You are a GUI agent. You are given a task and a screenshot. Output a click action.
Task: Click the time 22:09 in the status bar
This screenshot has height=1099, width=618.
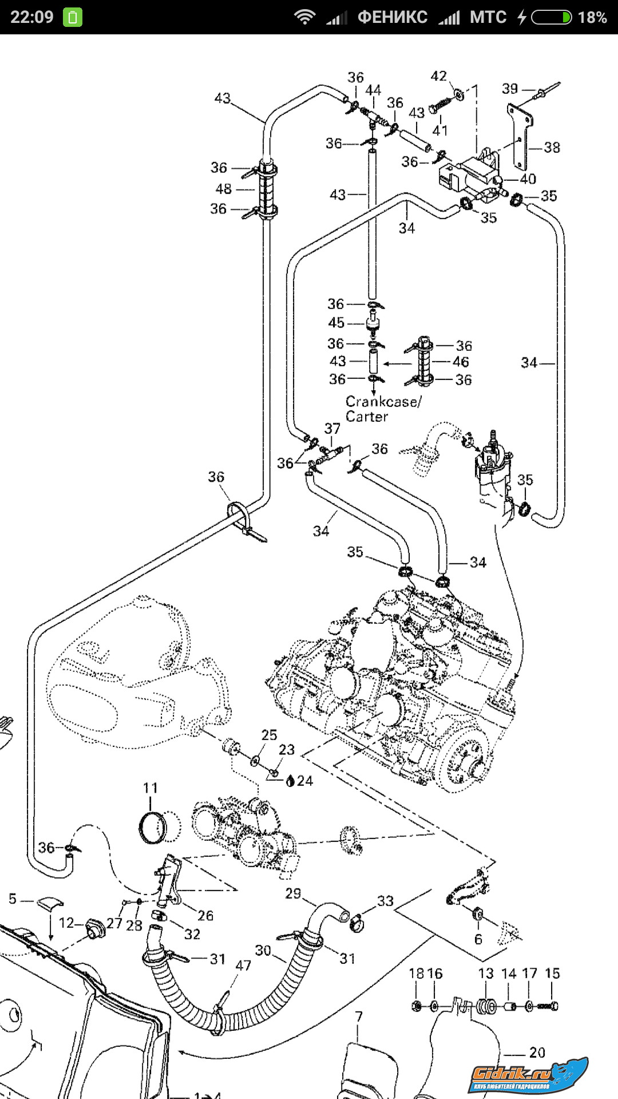pyautogui.click(x=32, y=17)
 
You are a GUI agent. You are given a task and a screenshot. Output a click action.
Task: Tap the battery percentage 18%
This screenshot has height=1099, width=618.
pyautogui.click(x=592, y=17)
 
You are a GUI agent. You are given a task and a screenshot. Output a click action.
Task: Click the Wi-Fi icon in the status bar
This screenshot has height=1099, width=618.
pyautogui.click(x=304, y=17)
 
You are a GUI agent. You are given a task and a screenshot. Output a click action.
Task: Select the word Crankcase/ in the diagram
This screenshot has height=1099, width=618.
pyautogui.click(x=383, y=401)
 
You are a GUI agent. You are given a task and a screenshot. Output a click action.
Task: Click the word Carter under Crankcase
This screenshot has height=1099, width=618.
pyautogui.click(x=367, y=417)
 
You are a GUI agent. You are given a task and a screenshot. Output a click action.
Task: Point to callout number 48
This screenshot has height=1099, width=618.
pyautogui.click(x=224, y=188)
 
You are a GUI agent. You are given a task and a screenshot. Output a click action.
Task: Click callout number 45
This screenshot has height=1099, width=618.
pyautogui.click(x=336, y=323)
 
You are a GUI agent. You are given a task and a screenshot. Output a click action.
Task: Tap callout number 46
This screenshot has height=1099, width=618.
pyautogui.click(x=461, y=362)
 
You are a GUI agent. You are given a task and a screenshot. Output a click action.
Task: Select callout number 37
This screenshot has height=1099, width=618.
pyautogui.click(x=332, y=429)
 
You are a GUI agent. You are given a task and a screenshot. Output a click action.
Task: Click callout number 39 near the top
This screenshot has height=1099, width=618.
pyautogui.click(x=510, y=89)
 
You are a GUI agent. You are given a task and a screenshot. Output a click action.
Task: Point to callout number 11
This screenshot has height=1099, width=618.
pyautogui.click(x=150, y=788)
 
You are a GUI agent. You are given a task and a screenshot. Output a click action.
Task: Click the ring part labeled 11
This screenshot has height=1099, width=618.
pyautogui.click(x=152, y=827)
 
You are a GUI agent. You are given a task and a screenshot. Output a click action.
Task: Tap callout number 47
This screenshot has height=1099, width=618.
pyautogui.click(x=243, y=965)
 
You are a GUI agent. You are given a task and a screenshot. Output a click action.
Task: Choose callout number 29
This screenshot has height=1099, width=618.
pyautogui.click(x=293, y=894)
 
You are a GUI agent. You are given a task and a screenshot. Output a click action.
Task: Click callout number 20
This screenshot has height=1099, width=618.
pyautogui.click(x=537, y=1052)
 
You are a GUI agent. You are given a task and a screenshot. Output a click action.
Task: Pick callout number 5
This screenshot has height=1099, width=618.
pyautogui.click(x=13, y=899)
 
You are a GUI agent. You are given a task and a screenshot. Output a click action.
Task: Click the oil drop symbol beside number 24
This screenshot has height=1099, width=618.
pyautogui.click(x=290, y=781)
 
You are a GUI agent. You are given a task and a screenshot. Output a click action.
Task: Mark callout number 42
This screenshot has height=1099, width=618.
pyautogui.click(x=438, y=76)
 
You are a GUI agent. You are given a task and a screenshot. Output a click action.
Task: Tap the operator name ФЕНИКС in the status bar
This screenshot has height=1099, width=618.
pyautogui.click(x=393, y=17)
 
